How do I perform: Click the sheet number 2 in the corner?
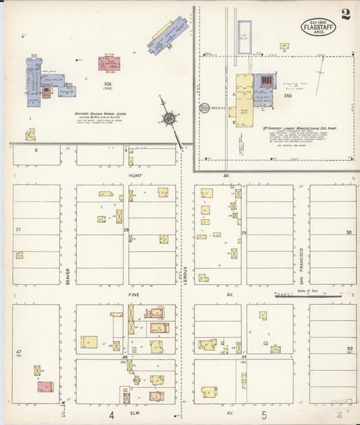345,15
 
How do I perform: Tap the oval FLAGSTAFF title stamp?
317,28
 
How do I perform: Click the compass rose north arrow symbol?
167,118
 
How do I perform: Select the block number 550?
288,96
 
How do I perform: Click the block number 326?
107,84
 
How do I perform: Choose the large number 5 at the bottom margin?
265,415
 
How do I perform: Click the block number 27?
18,230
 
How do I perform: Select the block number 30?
349,232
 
